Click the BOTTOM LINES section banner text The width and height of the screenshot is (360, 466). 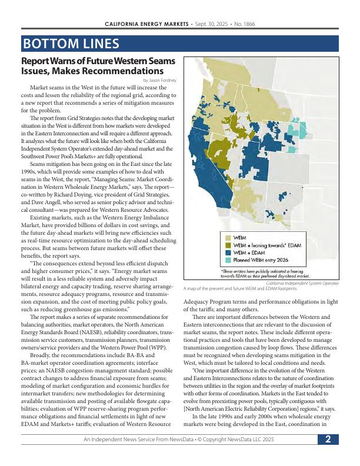pos(71,44)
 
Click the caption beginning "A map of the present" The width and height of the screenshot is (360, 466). pos(240,289)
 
